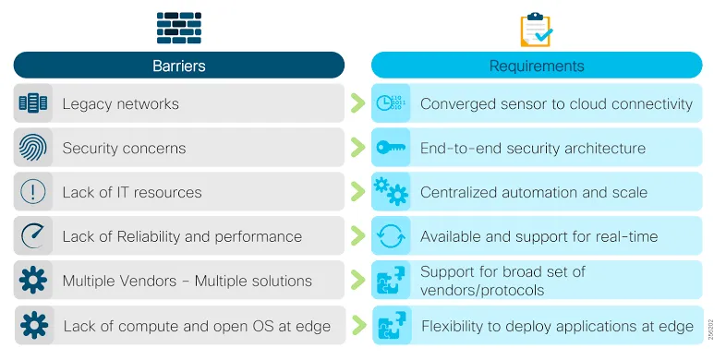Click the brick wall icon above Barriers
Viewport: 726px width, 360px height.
click(x=178, y=29)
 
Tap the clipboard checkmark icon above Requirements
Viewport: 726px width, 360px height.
click(x=536, y=30)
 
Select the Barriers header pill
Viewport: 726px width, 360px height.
click(x=178, y=66)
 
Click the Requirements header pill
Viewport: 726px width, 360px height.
click(x=537, y=66)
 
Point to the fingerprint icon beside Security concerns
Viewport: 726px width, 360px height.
click(x=33, y=148)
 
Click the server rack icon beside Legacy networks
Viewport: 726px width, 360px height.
click(x=33, y=103)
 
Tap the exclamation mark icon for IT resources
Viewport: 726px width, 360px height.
click(x=33, y=192)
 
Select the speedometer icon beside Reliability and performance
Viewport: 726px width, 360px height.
click(x=33, y=236)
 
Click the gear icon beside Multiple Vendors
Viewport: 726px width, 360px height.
click(x=33, y=281)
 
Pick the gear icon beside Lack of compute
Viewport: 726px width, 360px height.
click(x=33, y=325)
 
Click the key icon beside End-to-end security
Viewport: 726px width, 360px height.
click(x=390, y=148)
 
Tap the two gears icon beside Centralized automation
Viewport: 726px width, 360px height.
click(x=390, y=191)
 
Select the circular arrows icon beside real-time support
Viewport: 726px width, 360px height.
click(x=390, y=236)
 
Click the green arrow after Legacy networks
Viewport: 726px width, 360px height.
click(x=357, y=103)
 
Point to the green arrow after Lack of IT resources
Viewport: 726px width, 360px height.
click(x=357, y=192)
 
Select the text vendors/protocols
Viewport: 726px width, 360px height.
click(x=481, y=290)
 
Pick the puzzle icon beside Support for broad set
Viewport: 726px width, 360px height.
click(x=390, y=281)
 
